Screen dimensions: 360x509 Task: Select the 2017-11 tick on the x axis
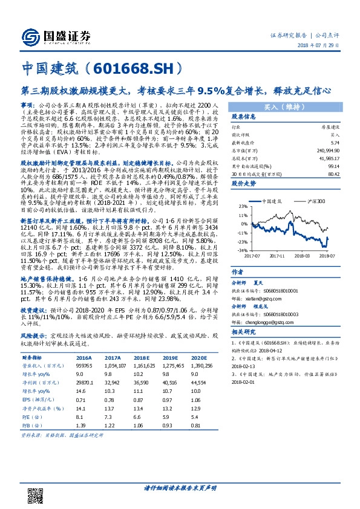278,256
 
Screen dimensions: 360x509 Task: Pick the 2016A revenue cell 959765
85,366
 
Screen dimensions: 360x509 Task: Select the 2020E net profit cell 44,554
198,383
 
